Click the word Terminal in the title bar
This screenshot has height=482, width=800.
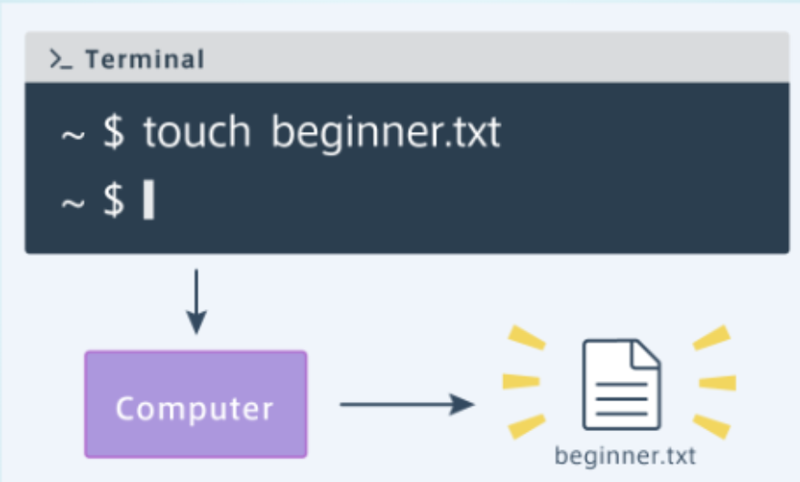[x=145, y=60]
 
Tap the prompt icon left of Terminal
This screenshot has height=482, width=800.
[x=61, y=60]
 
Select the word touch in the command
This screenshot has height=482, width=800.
[x=196, y=133]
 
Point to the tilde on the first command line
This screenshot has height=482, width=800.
[x=73, y=135]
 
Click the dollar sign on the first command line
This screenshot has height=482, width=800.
[x=114, y=133]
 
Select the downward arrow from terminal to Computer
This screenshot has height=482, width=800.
[x=196, y=301]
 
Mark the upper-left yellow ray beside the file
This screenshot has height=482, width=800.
[x=527, y=338]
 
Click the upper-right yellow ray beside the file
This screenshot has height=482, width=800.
[x=711, y=337]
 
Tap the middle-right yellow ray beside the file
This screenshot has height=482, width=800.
[x=717, y=382]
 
